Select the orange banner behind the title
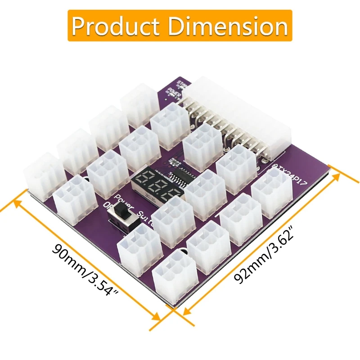coord(180,26)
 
